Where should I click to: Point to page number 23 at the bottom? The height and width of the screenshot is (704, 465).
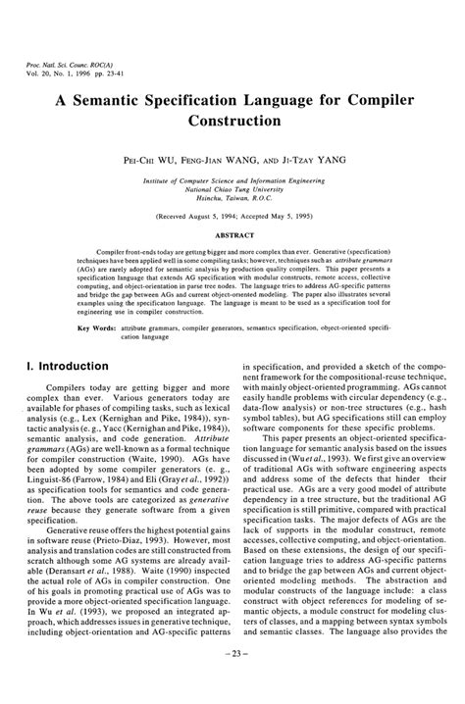pyautogui.click(x=232, y=679)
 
